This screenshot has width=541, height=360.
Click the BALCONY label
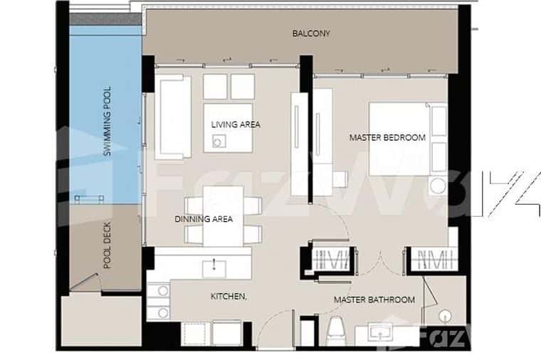coord(311,33)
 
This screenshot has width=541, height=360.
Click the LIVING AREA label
coord(236,125)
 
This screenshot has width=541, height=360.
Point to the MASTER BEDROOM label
coord(387,137)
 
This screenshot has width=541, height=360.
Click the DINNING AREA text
coord(204,219)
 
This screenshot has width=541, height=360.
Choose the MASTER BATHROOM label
coord(374,300)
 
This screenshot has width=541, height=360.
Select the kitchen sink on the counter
coord(214,268)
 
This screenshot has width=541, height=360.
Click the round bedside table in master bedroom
coord(437,187)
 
